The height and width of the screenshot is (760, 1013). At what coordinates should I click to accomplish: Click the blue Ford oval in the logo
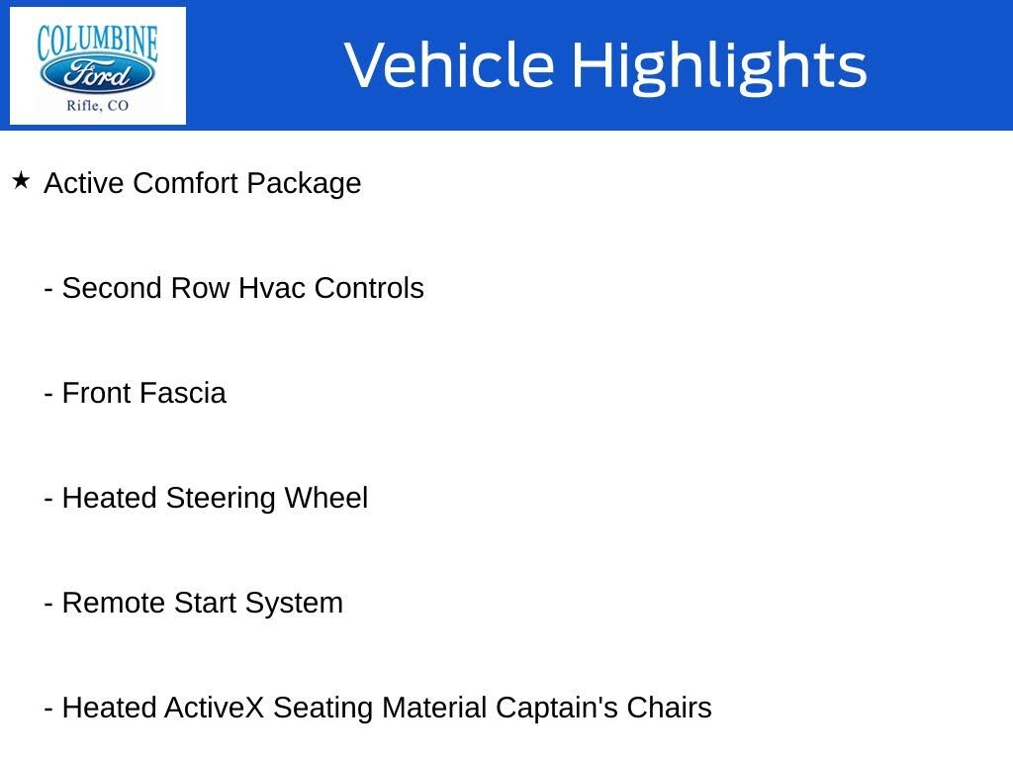point(97,74)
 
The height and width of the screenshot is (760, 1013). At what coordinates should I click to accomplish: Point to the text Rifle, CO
point(97,106)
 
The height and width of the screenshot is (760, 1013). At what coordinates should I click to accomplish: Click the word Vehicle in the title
point(449,65)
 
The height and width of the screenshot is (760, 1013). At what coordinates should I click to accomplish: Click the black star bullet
point(21,181)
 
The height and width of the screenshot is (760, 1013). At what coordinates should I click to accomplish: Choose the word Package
point(304,183)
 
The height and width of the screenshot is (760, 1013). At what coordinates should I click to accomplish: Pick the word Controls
point(369,288)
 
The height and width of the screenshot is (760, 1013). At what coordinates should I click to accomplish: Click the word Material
point(434,708)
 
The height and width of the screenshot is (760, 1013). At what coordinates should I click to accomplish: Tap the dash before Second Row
point(48,289)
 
